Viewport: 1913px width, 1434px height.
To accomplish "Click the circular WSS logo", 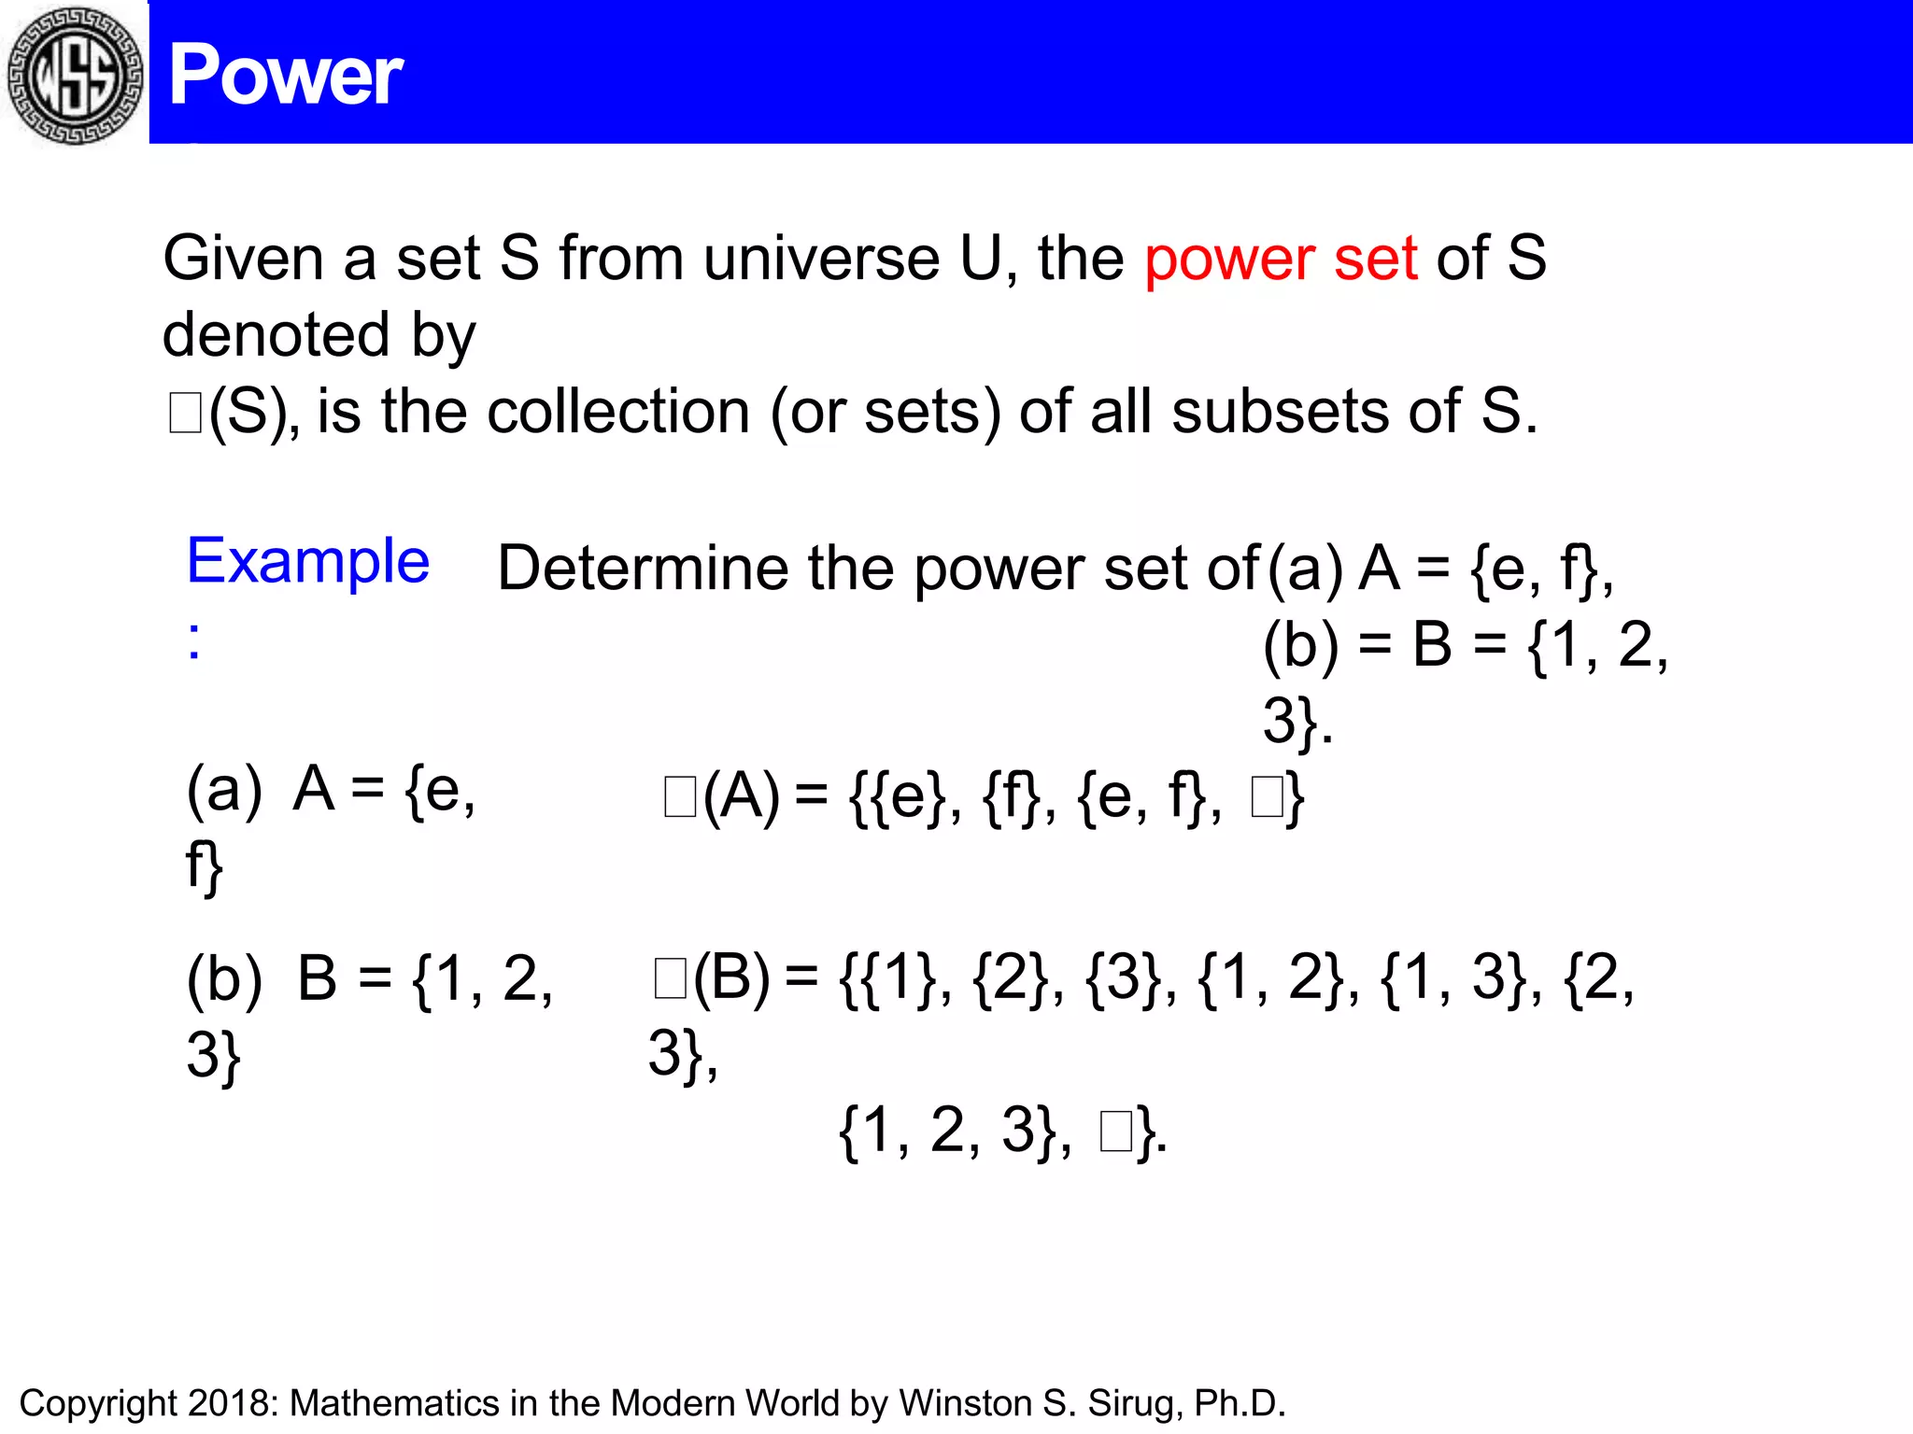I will [75, 75].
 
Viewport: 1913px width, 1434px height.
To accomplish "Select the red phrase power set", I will [1281, 259].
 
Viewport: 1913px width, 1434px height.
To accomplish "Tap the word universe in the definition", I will [821, 259].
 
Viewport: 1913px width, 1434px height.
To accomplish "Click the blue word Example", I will [308, 562].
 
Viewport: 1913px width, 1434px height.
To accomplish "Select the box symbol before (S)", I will [185, 414].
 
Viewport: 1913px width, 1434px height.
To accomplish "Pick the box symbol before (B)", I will [671, 979].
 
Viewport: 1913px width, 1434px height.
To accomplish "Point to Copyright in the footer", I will [98, 1404].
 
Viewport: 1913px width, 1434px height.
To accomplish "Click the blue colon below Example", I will [193, 642].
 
